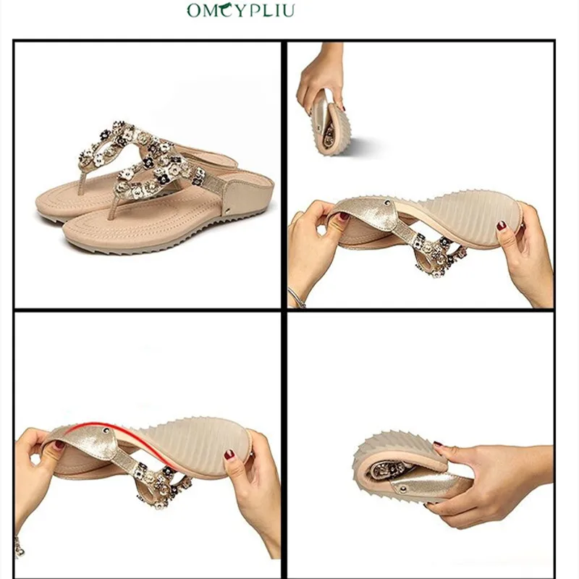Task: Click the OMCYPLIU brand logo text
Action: (241, 10)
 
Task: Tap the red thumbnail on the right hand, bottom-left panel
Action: (229, 455)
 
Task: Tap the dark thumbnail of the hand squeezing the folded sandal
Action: (438, 443)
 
